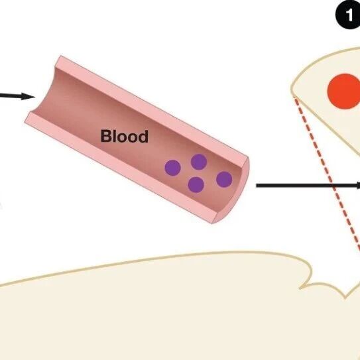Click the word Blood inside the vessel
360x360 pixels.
pos(124,136)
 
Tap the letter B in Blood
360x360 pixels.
pos(107,136)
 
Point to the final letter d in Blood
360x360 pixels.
pos(143,137)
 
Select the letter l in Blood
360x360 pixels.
pos(115,136)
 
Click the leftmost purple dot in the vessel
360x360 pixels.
pos(172,168)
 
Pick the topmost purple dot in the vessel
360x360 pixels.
pos(199,162)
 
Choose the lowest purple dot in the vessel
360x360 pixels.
pos(196,184)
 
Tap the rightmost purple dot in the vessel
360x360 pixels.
pos(224,179)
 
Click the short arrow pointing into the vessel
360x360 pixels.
pos(17,96)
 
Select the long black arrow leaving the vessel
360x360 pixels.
pos(308,185)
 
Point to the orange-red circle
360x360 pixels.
pos(344,91)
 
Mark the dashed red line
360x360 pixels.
pos(327,174)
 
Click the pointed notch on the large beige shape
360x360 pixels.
pos(344,298)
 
